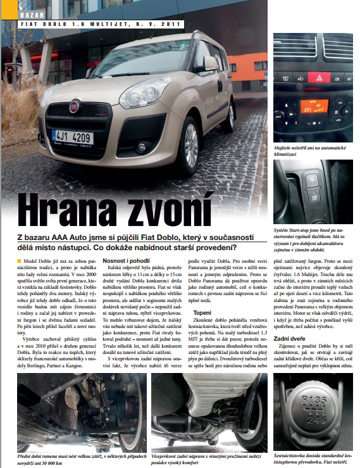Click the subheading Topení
click(x=202, y=312)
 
